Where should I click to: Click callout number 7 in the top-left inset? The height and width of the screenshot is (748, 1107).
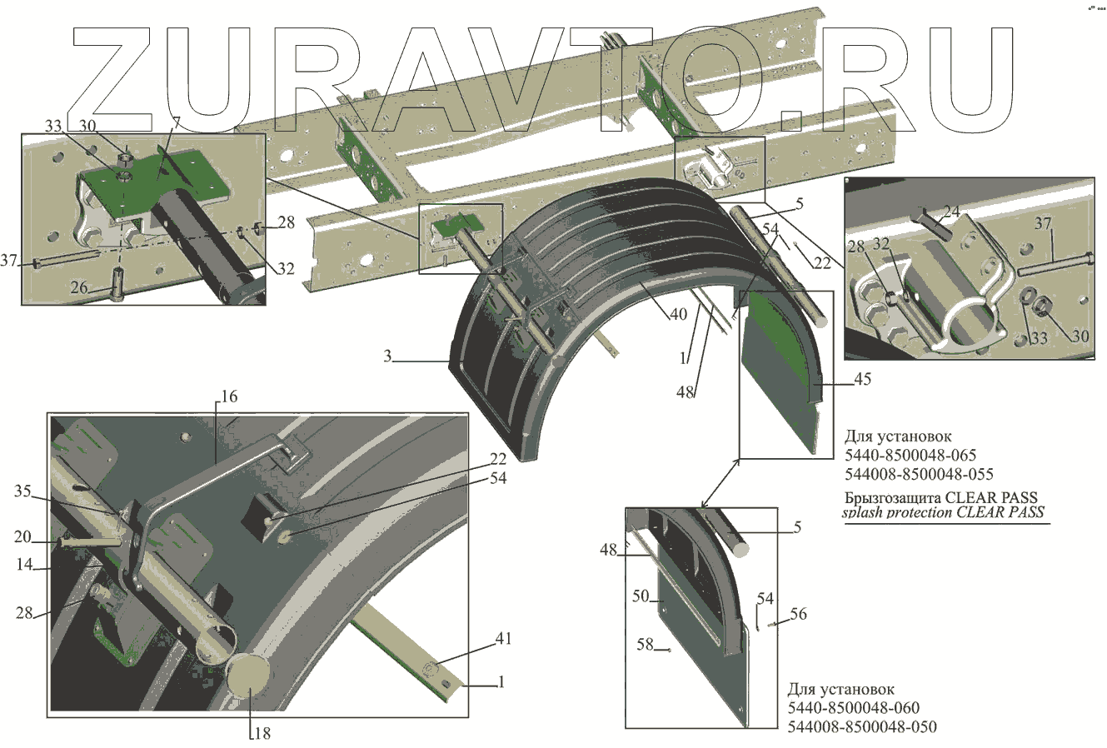(x=176, y=123)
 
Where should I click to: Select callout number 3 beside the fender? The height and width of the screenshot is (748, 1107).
(x=388, y=357)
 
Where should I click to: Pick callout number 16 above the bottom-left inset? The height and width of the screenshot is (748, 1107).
(x=229, y=396)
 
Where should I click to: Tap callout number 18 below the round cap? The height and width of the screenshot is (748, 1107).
(x=262, y=734)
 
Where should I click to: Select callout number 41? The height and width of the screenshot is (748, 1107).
(x=502, y=639)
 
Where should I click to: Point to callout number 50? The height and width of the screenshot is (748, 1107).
(x=641, y=597)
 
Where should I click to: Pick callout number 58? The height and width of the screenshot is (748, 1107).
(x=645, y=645)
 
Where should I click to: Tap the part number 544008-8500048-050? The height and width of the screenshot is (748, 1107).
(x=861, y=727)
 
